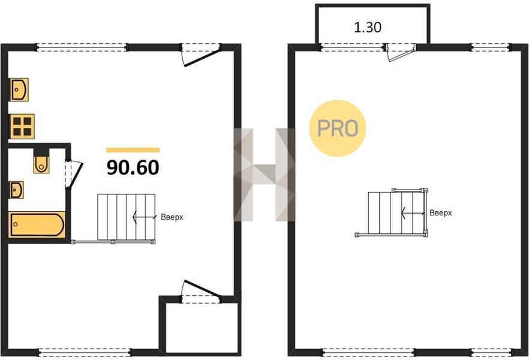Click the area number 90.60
133,167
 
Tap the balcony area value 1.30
368,28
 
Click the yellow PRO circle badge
338,128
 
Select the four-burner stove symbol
22,127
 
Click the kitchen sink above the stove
19,90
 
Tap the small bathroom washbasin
16,190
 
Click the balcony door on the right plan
401,53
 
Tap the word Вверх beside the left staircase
172,217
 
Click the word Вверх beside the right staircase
441,213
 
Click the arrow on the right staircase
413,212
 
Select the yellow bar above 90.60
133,150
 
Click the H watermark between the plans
264,175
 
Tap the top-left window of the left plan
82,47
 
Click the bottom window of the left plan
84,353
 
